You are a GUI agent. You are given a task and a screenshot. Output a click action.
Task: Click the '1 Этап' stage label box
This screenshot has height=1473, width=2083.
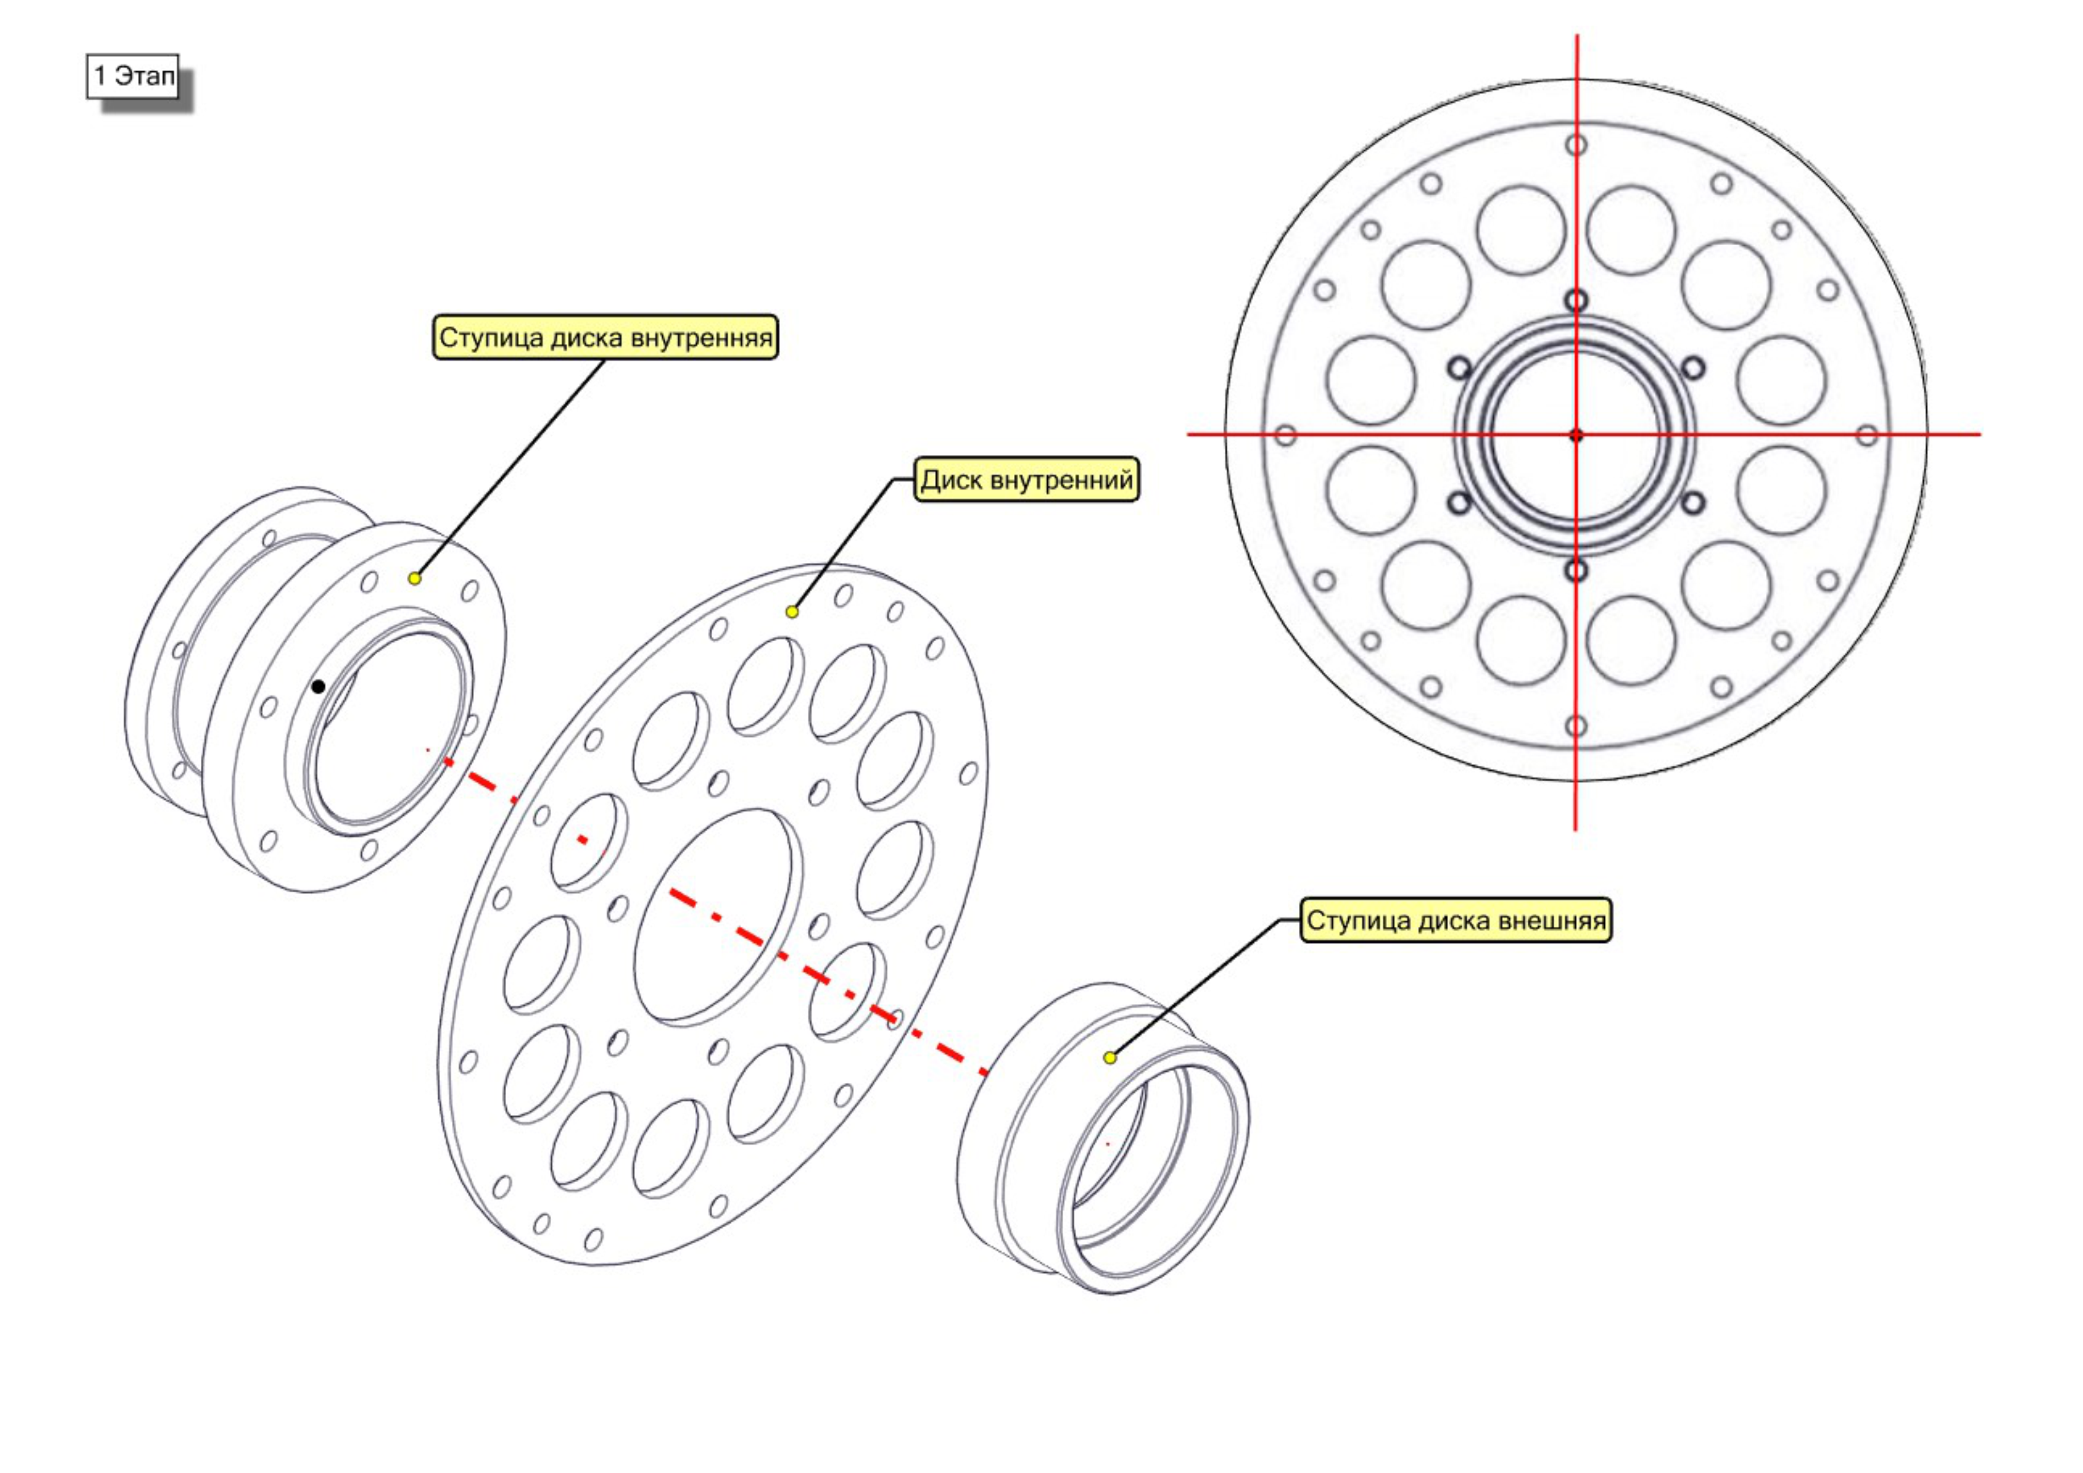132,76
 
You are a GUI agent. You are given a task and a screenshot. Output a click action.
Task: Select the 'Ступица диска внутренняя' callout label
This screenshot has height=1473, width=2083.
605,337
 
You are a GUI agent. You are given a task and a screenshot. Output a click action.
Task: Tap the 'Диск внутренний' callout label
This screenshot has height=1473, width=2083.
1026,479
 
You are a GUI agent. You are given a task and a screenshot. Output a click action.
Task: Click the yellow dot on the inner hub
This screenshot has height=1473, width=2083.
415,578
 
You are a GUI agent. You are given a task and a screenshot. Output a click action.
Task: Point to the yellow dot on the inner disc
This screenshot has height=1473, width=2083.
792,612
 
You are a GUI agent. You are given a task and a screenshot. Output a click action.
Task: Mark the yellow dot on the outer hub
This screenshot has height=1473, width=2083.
1110,1057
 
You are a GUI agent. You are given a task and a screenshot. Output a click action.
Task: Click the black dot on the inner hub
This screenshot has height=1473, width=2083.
318,686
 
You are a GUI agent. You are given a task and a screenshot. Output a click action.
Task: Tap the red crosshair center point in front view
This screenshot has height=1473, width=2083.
1576,435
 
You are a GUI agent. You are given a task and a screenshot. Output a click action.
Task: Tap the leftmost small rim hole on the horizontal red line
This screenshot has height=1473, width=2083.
1285,435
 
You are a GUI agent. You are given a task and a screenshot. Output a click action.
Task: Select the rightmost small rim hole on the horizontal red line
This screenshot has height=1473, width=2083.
1866,435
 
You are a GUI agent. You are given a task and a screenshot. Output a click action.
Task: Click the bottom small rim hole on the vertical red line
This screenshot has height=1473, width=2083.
1576,726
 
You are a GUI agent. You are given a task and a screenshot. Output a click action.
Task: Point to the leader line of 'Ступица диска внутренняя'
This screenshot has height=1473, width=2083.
510,468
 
